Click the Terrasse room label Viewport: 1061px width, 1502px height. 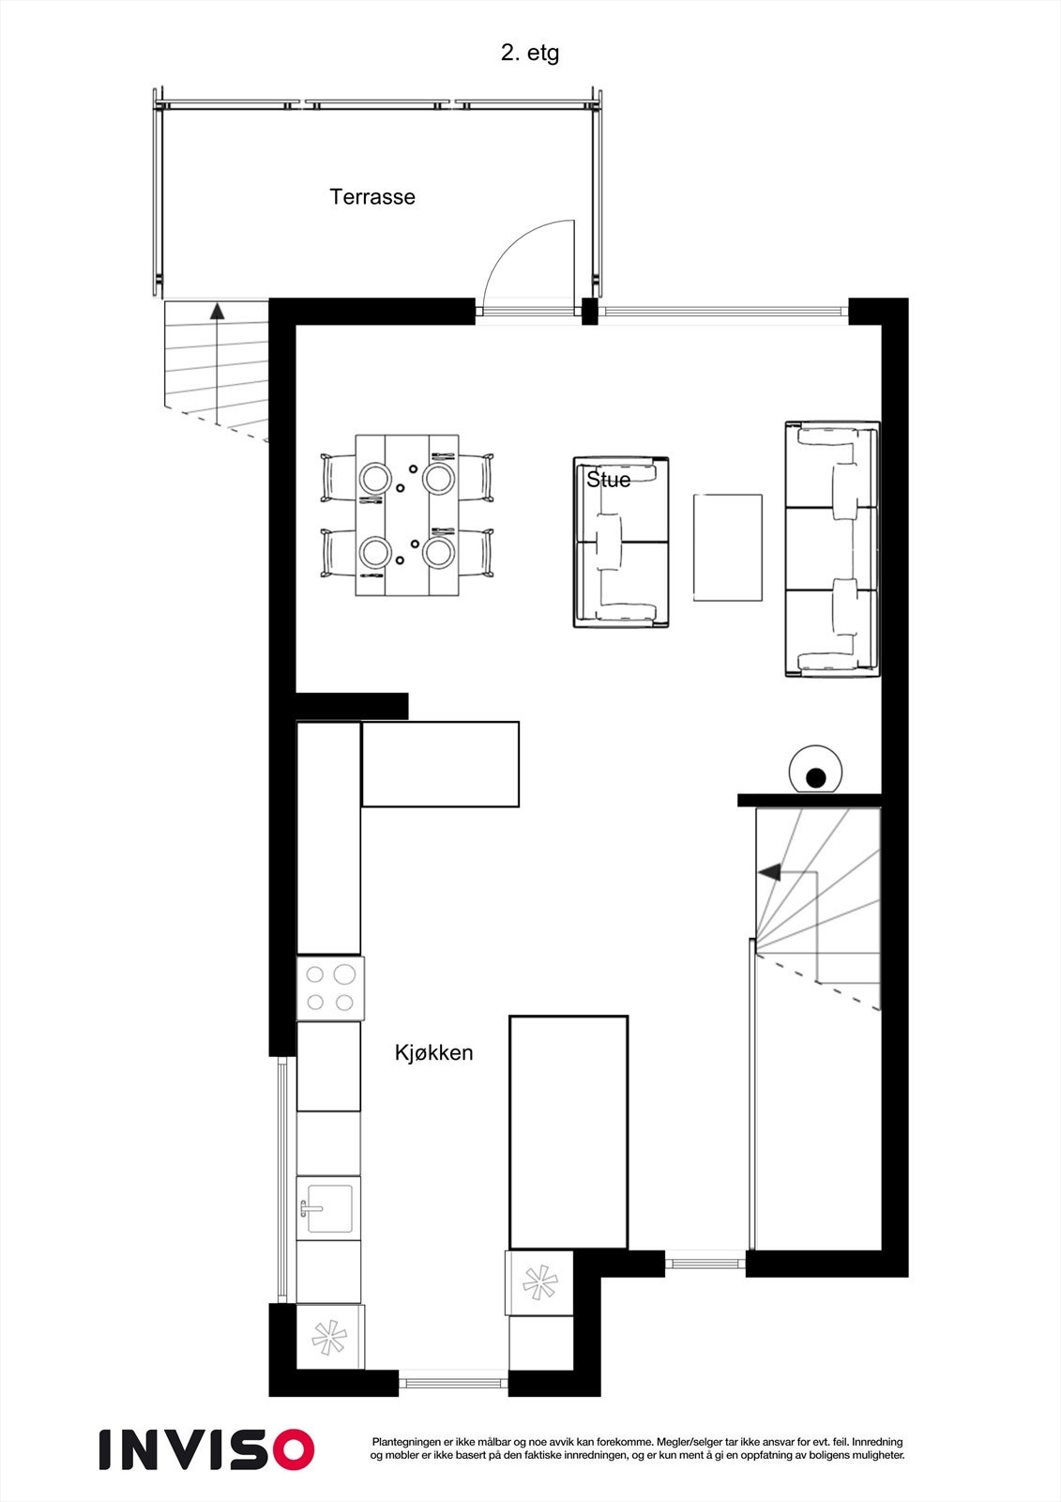coord(371,197)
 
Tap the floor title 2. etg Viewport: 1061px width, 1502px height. coord(529,54)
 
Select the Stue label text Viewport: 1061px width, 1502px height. coord(608,480)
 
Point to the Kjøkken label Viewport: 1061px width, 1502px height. coord(433,1053)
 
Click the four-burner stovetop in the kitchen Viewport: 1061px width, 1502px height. coord(330,989)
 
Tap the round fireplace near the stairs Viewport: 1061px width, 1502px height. coord(816,771)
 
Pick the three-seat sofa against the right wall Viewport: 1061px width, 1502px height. coord(832,550)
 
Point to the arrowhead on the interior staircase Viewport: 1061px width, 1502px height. coord(768,872)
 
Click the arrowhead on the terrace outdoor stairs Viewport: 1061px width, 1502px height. coord(218,311)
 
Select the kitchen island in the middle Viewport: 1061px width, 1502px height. coord(568,1131)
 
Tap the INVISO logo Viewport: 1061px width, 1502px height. coord(206,1449)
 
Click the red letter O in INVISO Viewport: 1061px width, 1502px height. coord(290,1449)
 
